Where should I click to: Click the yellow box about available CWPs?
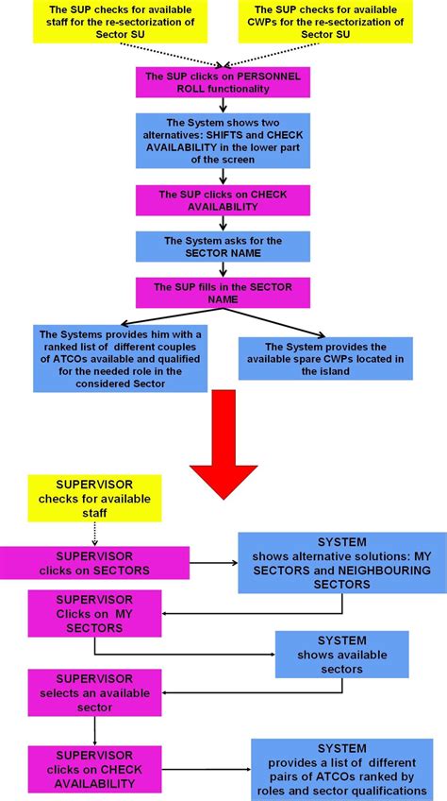coord(327,22)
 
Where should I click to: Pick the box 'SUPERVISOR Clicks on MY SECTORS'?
coord(94,614)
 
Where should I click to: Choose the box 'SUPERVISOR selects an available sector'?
coord(94,692)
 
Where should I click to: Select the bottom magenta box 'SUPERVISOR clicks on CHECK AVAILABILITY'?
coord(94,769)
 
